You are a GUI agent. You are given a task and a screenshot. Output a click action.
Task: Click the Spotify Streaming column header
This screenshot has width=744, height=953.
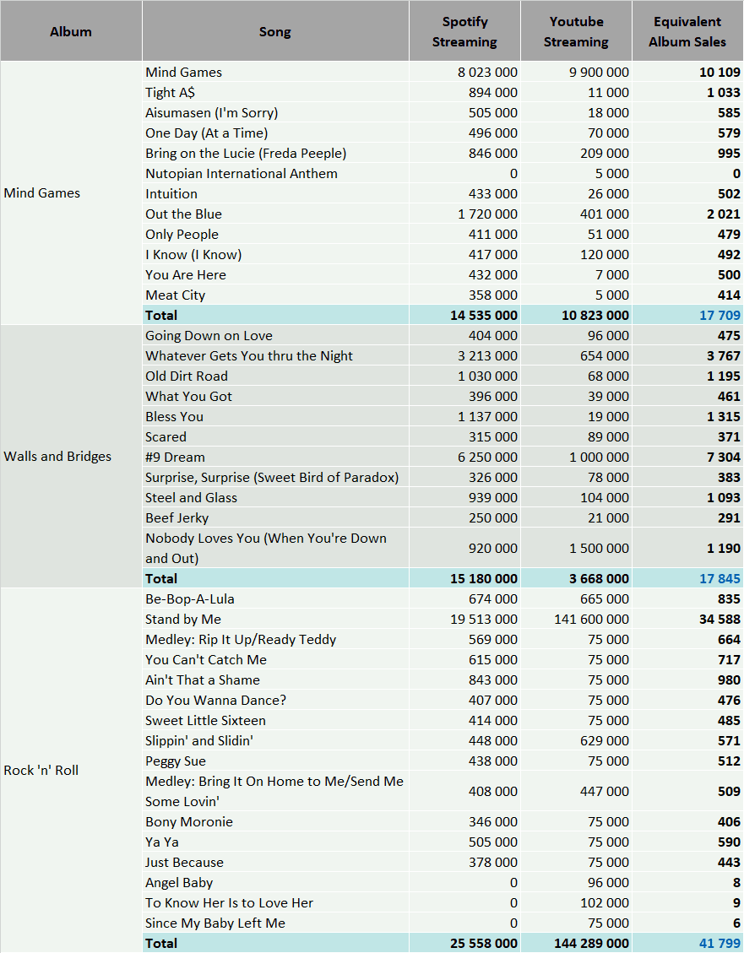pyautogui.click(x=464, y=31)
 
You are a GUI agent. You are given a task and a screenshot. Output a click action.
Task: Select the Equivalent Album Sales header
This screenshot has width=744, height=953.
pyautogui.click(x=687, y=31)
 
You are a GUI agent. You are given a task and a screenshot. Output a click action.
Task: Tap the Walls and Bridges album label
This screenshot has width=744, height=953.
pyautogui.click(x=57, y=457)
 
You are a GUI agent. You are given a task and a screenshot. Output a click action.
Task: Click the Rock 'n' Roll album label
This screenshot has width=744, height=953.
pyautogui.click(x=41, y=770)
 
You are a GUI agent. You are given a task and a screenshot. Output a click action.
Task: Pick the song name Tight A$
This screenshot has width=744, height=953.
pyautogui.click(x=171, y=92)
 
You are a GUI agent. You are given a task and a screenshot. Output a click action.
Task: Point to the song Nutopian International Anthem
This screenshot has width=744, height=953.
pyautogui.click(x=242, y=174)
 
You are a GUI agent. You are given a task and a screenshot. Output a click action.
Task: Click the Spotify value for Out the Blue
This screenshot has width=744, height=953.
pyautogui.click(x=487, y=214)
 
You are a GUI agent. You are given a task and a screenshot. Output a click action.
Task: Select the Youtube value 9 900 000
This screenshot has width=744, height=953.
pyautogui.click(x=599, y=73)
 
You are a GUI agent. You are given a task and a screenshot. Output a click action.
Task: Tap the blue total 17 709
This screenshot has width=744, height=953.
pyautogui.click(x=720, y=316)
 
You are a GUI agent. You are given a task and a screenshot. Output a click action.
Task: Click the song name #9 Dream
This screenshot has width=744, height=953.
pyautogui.click(x=175, y=457)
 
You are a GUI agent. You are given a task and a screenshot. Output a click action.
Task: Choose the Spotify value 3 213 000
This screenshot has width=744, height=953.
pyautogui.click(x=487, y=356)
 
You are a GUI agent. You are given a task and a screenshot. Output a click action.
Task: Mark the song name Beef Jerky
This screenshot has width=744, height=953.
pyautogui.click(x=176, y=518)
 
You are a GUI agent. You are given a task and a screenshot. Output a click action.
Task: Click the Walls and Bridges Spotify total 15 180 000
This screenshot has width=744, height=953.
pyautogui.click(x=484, y=578)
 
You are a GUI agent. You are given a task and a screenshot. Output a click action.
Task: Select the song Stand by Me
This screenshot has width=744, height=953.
pyautogui.click(x=183, y=620)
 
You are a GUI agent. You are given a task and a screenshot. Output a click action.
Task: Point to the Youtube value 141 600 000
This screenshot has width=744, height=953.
pyautogui.click(x=591, y=620)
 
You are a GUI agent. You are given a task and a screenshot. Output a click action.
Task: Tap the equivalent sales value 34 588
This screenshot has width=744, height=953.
pyautogui.click(x=720, y=620)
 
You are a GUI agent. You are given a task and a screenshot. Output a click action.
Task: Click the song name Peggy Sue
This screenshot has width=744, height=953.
pyautogui.click(x=176, y=761)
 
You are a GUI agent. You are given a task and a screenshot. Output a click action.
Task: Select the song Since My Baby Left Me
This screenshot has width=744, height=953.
pyautogui.click(x=215, y=923)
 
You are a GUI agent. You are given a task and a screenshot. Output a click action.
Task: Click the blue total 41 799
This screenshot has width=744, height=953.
pyautogui.click(x=720, y=943)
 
